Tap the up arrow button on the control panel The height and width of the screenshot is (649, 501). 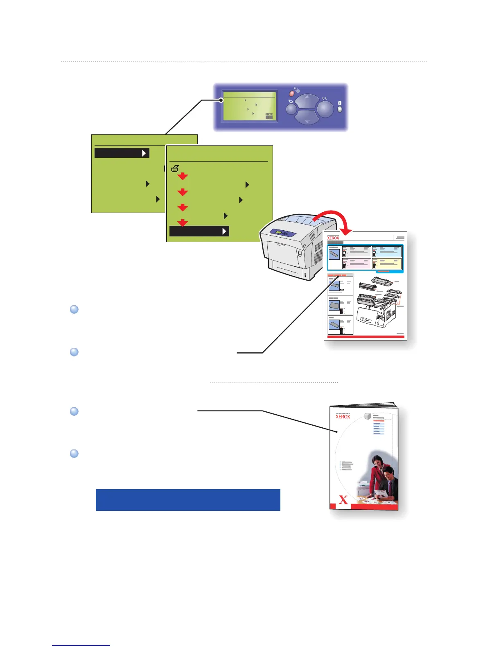(307, 101)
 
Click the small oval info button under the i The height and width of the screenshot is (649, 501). (339, 110)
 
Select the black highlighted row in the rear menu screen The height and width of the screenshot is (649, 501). (122, 153)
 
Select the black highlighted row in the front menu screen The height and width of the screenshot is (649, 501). (199, 231)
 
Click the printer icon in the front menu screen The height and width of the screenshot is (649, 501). (175, 168)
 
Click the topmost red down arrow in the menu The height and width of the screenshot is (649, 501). (183, 176)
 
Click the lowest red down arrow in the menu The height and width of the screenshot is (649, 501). (183, 222)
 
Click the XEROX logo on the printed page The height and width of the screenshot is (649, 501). (333, 238)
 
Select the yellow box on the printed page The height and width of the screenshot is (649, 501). (387, 263)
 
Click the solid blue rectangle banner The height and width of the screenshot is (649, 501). (188, 500)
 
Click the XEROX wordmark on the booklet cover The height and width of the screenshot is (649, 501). (343, 417)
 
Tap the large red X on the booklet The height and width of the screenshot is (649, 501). (343, 499)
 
